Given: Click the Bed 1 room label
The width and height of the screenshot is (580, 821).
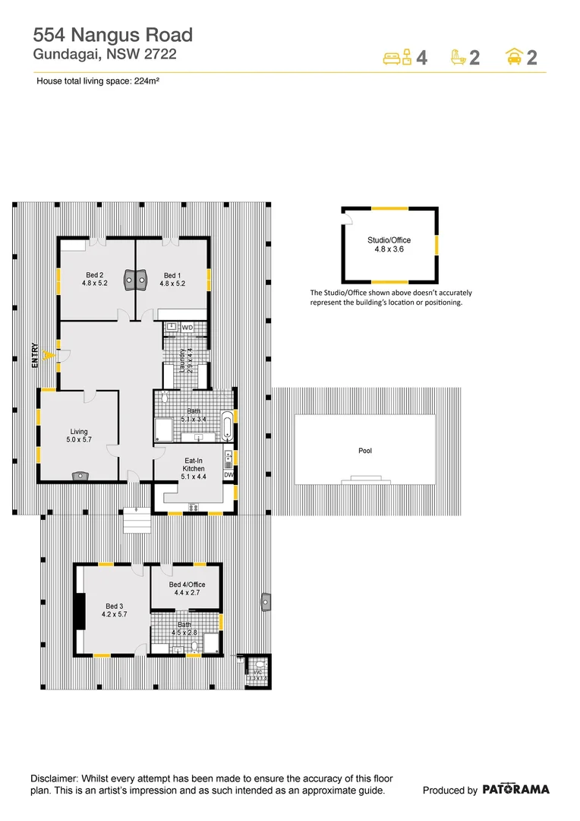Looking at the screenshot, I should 172,280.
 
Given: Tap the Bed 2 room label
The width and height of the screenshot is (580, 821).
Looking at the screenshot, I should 95,280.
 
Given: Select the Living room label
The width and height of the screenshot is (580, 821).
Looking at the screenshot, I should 79,436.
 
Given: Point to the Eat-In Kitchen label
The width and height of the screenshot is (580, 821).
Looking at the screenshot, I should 194,464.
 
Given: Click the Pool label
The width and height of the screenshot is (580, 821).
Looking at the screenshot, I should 365,452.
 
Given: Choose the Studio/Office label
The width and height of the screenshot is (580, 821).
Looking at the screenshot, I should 389,244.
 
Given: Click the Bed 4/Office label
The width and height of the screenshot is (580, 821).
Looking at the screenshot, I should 187,589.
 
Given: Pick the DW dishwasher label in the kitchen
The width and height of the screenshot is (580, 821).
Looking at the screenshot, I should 229,475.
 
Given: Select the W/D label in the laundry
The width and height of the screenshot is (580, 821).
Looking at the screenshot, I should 188,328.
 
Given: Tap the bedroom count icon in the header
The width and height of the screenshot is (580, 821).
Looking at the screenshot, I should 397,57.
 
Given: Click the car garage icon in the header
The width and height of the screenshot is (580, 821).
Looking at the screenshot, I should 515,57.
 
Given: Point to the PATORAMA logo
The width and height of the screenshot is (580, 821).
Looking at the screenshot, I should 515,790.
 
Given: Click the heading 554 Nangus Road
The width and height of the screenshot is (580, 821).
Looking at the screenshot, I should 113,34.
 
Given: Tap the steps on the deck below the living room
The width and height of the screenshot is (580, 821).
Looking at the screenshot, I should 137,521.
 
